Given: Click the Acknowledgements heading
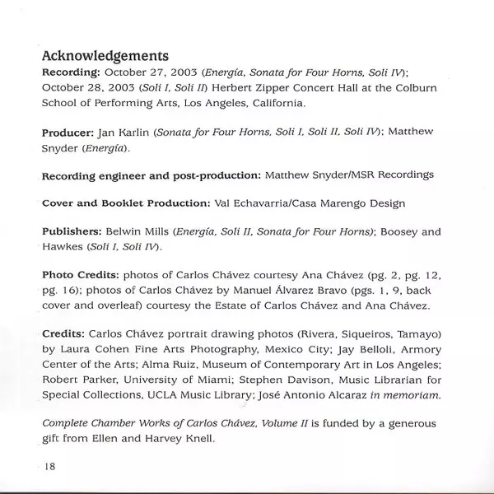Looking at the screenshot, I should coord(105,56).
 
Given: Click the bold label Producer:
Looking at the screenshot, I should coord(72,132).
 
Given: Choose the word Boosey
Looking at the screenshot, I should coord(403,232).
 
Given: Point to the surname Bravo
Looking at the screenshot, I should coord(322,291).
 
